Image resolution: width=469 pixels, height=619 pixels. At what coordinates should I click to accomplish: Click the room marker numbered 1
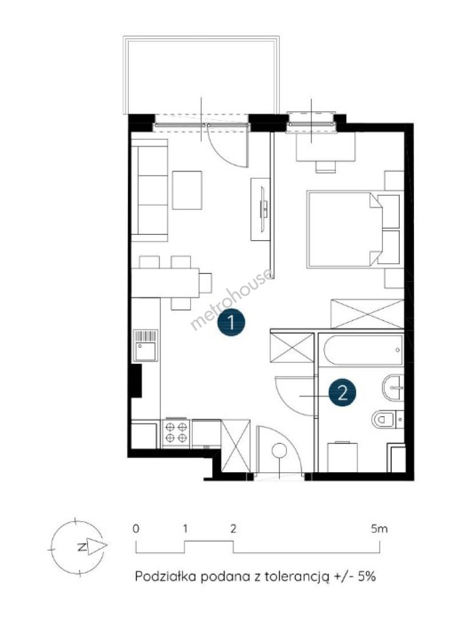231,322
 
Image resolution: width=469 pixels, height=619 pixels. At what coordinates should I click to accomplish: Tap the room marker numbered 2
342,393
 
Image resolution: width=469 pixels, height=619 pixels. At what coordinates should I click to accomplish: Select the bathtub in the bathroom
363,350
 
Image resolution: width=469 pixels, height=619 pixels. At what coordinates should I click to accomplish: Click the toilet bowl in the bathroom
383,419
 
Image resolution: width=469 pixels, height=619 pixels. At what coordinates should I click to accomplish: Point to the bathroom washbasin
393,387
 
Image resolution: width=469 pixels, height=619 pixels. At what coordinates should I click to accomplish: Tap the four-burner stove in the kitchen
176,433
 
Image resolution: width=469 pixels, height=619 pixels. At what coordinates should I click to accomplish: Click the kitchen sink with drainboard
145,346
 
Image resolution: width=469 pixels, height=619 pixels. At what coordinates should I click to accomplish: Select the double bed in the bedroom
345,230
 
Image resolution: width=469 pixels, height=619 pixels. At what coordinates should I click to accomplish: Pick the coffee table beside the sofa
187,190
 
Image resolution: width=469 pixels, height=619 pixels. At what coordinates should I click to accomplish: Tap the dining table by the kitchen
165,283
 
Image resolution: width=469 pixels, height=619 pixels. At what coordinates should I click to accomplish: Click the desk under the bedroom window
325,147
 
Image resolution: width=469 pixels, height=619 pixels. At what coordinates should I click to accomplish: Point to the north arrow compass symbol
78,547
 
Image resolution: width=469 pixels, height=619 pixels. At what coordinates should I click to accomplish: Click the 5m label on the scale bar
379,528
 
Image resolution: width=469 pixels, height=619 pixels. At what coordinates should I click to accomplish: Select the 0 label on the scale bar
136,528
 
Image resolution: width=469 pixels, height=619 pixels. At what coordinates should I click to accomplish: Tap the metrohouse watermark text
231,299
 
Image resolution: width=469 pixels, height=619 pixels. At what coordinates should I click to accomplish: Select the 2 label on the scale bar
233,528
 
